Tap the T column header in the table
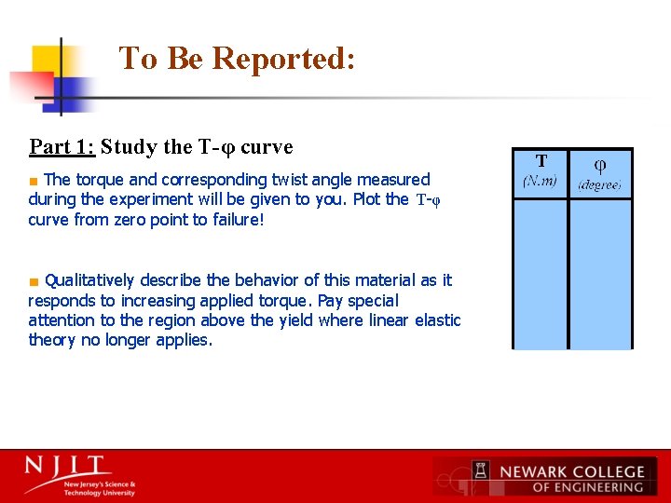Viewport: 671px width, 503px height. tap(541, 161)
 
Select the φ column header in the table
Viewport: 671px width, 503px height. tap(600, 165)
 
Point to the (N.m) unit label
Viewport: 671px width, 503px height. tap(540, 181)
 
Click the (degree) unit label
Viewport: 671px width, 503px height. tap(599, 185)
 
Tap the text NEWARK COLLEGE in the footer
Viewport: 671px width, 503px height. tap(571, 471)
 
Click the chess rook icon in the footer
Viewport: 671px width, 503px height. tap(481, 475)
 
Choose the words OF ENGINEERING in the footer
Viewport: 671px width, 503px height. tap(587, 487)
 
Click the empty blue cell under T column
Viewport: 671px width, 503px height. tap(540, 275)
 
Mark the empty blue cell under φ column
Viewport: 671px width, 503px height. tap(600, 275)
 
